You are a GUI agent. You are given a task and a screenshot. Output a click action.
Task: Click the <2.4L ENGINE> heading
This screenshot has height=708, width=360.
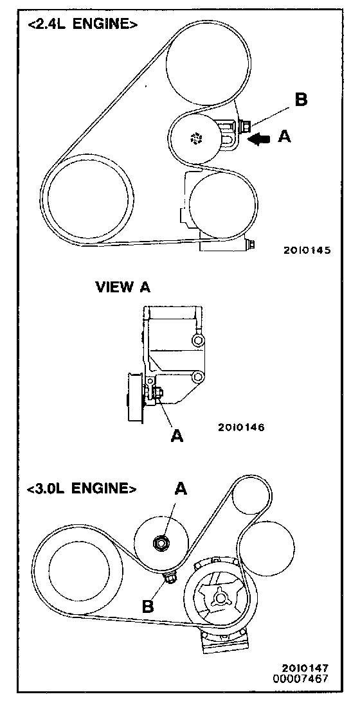[x=83, y=24]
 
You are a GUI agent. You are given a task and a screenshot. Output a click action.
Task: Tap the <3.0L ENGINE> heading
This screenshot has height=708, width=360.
[x=82, y=488]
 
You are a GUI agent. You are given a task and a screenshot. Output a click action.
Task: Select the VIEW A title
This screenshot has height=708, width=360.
[x=123, y=287]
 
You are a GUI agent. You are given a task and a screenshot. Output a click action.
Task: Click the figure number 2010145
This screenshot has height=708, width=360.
[x=307, y=250]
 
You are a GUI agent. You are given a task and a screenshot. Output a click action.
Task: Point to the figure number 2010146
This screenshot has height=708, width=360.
[x=241, y=427]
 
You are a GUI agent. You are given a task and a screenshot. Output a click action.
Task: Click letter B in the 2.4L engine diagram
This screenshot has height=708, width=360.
[x=301, y=100]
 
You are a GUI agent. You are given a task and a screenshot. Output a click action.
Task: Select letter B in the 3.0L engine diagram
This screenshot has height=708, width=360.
[x=148, y=605]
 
